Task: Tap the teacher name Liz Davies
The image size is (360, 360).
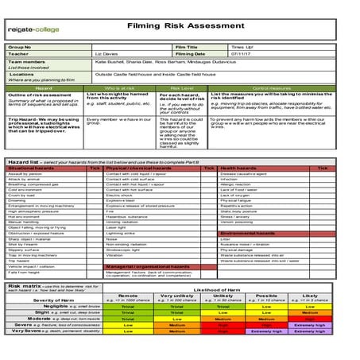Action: [108, 53]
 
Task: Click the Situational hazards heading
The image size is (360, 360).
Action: [32, 168]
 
